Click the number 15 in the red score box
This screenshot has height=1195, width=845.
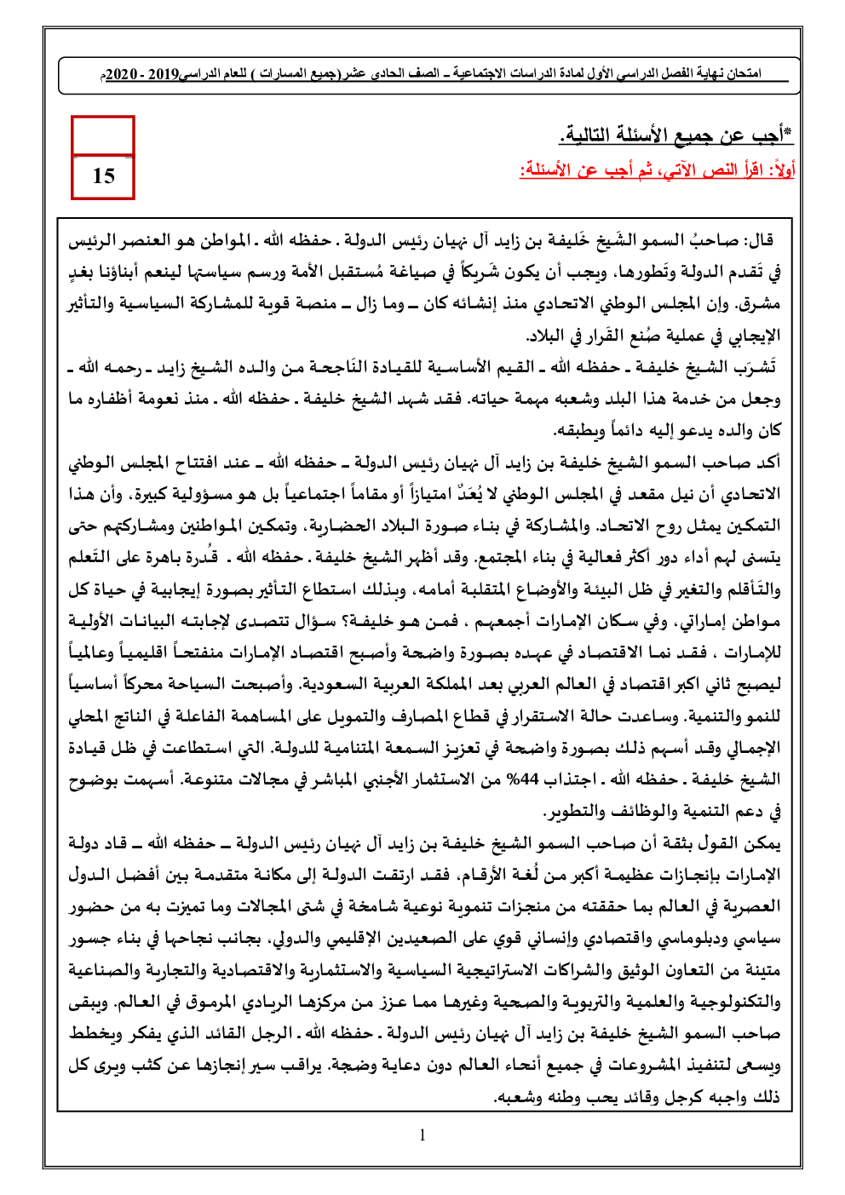tap(103, 176)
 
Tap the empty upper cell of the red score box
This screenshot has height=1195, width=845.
tap(103, 135)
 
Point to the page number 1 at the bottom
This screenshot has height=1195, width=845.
tap(422, 1135)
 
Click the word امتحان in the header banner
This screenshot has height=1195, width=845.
tap(745, 74)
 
